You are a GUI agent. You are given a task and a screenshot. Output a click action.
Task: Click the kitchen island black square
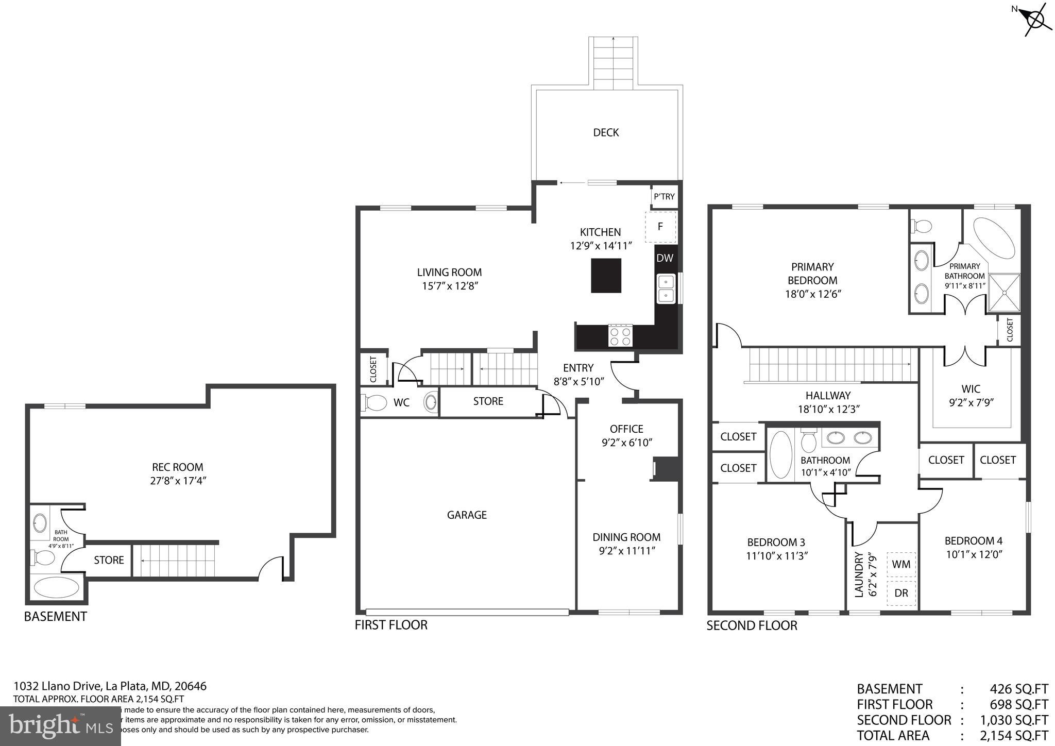point(606,276)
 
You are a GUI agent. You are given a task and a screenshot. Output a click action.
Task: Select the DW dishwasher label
point(665,258)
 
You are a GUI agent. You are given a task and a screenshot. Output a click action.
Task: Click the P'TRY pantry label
point(664,197)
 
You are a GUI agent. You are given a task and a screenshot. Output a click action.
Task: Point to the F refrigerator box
point(660,227)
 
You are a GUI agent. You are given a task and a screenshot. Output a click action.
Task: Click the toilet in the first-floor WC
point(375,402)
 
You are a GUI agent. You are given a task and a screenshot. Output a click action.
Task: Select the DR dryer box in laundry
point(901,593)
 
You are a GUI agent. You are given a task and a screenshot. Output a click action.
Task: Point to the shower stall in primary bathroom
point(1003,293)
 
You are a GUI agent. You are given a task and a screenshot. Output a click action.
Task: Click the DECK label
point(606,133)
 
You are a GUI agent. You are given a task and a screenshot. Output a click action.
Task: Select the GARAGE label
point(467,515)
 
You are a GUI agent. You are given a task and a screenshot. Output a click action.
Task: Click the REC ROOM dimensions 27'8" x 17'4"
point(177,481)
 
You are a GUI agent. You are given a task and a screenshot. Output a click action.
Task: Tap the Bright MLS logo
point(60,726)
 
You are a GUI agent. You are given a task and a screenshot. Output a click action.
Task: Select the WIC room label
point(971,389)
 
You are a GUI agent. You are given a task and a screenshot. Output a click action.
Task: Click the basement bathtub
point(57,587)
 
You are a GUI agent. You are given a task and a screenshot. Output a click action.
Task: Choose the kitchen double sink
point(666,289)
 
